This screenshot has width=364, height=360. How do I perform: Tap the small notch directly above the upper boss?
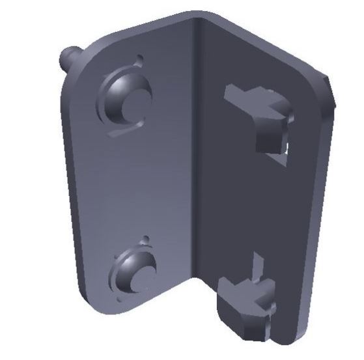139,60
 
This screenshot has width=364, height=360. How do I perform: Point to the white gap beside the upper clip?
287,150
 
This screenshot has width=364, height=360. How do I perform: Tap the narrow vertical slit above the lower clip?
256,267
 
